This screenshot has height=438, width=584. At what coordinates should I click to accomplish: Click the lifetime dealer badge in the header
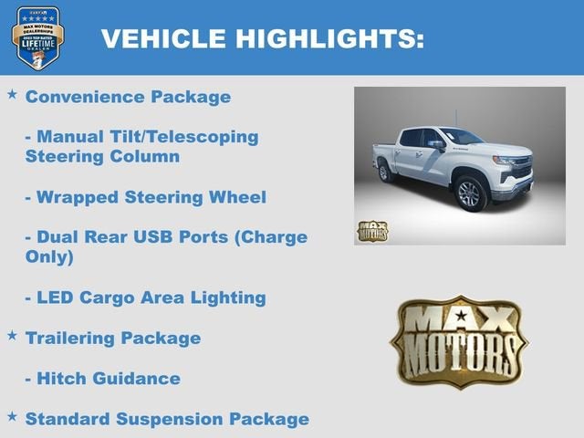click(x=37, y=37)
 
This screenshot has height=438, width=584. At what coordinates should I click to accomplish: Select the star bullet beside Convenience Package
click(x=12, y=95)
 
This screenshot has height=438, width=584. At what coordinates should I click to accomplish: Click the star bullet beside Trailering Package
click(x=12, y=336)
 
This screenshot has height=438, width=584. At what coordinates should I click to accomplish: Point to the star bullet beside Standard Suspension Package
click(x=12, y=417)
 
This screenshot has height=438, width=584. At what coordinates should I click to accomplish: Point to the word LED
click(x=57, y=297)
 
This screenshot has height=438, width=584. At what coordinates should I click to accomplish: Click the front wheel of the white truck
click(x=471, y=193)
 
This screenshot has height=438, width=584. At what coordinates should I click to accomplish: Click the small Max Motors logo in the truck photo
click(x=371, y=231)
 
